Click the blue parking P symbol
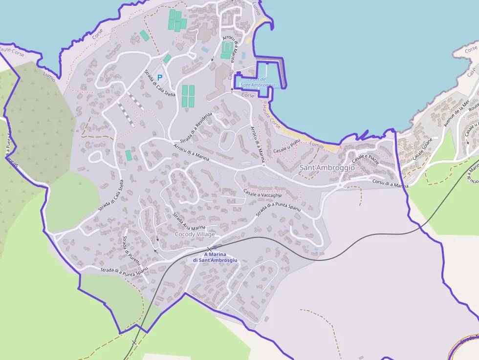(x=159, y=77)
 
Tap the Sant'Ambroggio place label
(x=327, y=168)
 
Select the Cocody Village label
(x=195, y=234)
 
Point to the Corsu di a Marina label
(x=390, y=184)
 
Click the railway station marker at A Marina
(x=215, y=248)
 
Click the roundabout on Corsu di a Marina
(x=340, y=185)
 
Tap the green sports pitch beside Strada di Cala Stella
(x=129, y=155)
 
